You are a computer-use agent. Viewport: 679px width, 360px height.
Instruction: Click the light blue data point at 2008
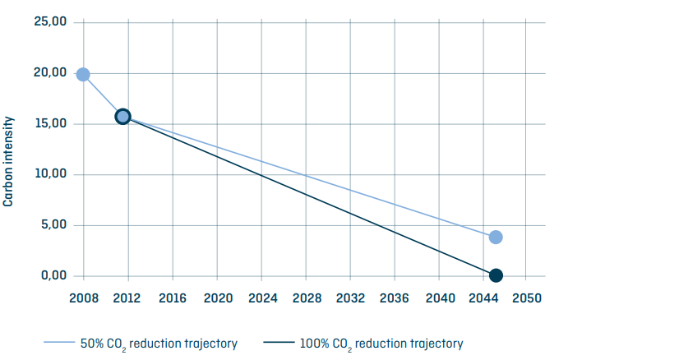[x=82, y=74]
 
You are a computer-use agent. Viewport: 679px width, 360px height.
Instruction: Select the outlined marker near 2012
[x=122, y=117]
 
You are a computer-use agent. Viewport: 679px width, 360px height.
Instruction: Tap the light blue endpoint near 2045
[x=496, y=238]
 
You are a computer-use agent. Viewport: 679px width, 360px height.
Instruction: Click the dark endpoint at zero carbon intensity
[x=496, y=275]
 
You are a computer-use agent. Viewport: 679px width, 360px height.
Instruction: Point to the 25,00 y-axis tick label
[x=50, y=22]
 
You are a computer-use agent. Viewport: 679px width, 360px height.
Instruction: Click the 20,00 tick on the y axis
[x=50, y=73]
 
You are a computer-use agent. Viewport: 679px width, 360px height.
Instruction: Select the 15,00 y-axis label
[x=50, y=124]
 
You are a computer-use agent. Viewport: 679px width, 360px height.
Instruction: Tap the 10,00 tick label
[x=50, y=174]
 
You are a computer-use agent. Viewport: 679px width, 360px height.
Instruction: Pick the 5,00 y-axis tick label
[x=53, y=225]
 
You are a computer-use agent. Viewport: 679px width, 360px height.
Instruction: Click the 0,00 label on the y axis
[x=53, y=275]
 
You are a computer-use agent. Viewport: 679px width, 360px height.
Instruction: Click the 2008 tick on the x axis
[x=83, y=298]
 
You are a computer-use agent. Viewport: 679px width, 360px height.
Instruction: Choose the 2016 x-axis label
[x=172, y=298]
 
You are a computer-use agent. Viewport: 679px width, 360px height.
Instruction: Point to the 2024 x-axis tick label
[x=261, y=298]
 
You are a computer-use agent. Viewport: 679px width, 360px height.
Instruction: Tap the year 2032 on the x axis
[x=350, y=298]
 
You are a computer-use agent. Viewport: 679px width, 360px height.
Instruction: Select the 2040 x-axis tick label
[x=439, y=298]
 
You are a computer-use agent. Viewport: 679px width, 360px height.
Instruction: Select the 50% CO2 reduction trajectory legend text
[x=159, y=344]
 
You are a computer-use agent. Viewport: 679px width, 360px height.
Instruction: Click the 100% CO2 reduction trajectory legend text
[x=382, y=344]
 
